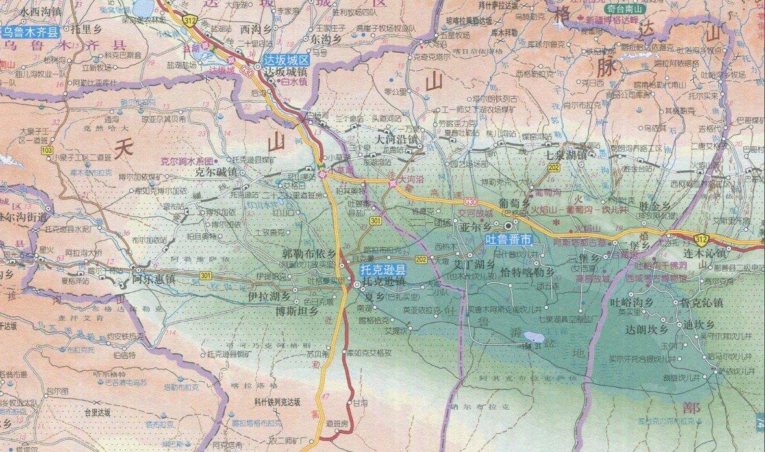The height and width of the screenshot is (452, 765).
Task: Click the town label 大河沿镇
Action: (x=395, y=139)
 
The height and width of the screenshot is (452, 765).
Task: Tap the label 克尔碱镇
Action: (x=216, y=172)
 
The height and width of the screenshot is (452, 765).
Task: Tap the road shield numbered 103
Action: (x=46, y=151)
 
